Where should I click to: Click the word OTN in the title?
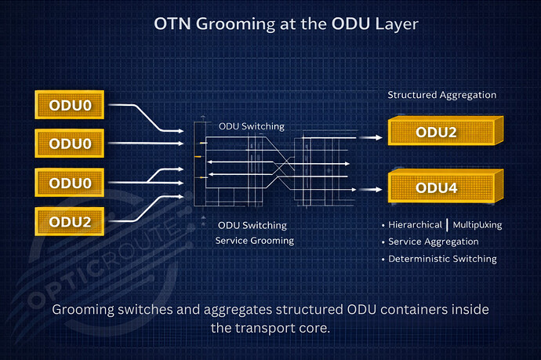coord(174,24)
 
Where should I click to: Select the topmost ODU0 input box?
coord(71,104)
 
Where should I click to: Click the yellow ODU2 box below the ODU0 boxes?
coord(71,221)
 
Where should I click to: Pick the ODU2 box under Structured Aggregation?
coord(436,131)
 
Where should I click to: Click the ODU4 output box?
coord(436,187)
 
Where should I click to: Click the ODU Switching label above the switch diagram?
coord(251,125)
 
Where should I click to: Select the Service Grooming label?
coord(255,240)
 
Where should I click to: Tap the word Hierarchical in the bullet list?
coord(415,225)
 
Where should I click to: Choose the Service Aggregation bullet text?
coord(429,242)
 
